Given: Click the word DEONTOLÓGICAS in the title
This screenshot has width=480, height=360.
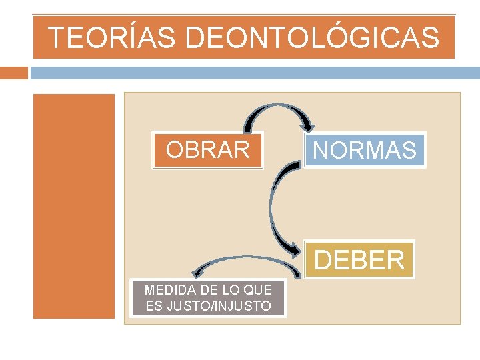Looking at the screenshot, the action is [313, 37].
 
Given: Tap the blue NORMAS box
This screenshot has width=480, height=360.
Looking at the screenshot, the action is [365, 150].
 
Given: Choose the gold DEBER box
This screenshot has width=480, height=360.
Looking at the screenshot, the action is [359, 259].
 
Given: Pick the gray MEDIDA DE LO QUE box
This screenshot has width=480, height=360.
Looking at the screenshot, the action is [208, 298].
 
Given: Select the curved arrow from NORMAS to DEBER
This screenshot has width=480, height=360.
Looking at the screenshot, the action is [273, 207].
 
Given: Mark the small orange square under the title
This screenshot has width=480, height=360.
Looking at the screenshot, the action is [14, 72].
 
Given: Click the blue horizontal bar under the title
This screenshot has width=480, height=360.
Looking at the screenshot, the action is [253, 72].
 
